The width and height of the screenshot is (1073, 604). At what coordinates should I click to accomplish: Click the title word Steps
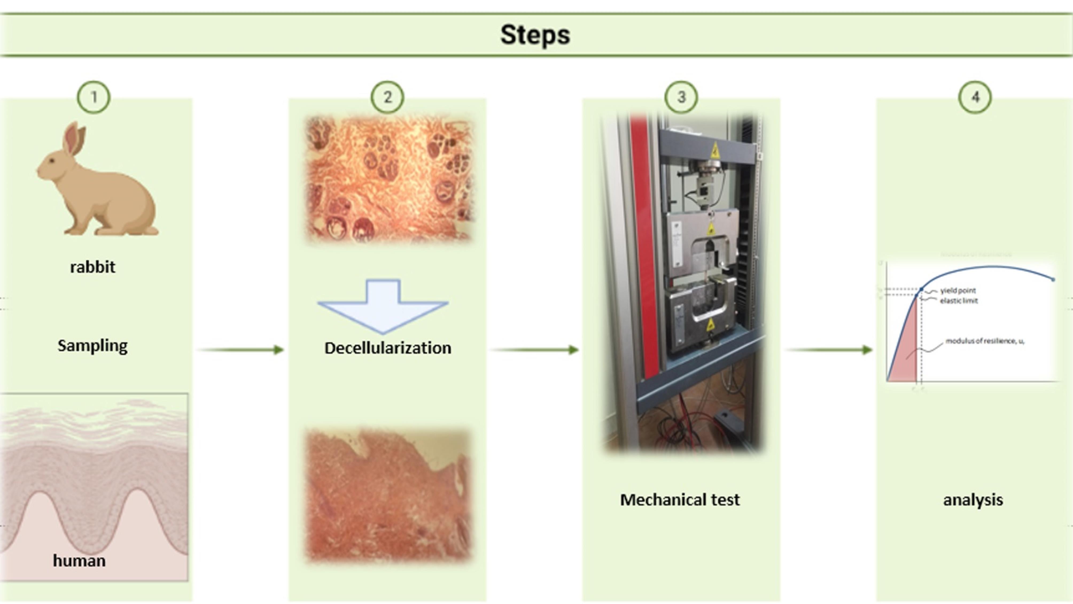coord(535,35)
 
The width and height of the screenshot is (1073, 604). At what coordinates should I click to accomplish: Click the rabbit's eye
coord(52,161)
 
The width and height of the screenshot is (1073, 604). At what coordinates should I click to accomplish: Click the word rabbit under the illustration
coord(92,267)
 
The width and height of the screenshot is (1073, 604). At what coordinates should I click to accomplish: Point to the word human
coord(79,561)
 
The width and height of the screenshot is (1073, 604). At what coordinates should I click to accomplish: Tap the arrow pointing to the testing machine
coord(535,350)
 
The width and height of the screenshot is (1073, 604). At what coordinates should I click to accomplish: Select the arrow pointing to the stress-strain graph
coord(829,350)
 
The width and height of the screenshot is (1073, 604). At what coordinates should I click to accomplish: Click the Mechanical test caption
coord(680,500)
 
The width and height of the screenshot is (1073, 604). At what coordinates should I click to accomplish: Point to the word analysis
coord(973,500)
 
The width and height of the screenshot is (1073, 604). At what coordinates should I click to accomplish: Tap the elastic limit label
coord(958,300)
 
